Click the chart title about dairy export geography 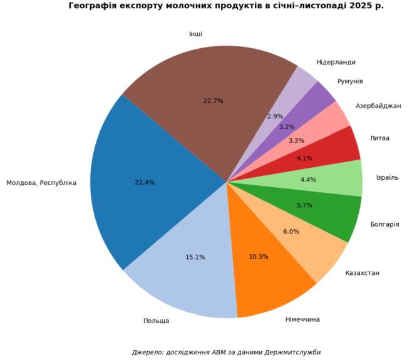pos(226,6)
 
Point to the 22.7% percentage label pos(214,101)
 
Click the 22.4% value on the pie pos(145,183)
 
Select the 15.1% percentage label pos(195,257)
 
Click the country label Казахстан pos(362,273)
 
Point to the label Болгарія pos(384,224)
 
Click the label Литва pos(379,138)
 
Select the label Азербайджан pos(378,106)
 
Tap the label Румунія pos(350,81)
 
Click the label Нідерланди pos(336,62)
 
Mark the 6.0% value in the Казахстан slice pos(291,232)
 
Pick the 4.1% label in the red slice pos(305,158)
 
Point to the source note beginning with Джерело pos(226,352)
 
